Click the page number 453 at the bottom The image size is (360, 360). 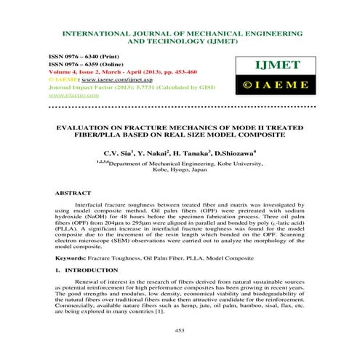[180, 330]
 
